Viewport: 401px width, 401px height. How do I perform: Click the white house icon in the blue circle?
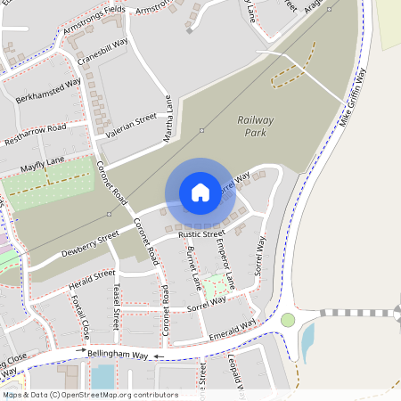pyautogui.click(x=200, y=192)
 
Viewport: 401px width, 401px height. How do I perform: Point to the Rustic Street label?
pyautogui.click(x=201, y=234)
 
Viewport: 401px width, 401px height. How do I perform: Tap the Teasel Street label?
pyautogui.click(x=116, y=307)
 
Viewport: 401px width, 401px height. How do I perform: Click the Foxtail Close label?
pyautogui.click(x=80, y=319)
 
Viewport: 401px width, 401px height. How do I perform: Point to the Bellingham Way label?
pyautogui.click(x=118, y=355)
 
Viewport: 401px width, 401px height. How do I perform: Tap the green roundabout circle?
pyautogui.click(x=288, y=320)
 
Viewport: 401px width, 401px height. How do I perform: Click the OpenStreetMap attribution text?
pyautogui.click(x=90, y=394)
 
